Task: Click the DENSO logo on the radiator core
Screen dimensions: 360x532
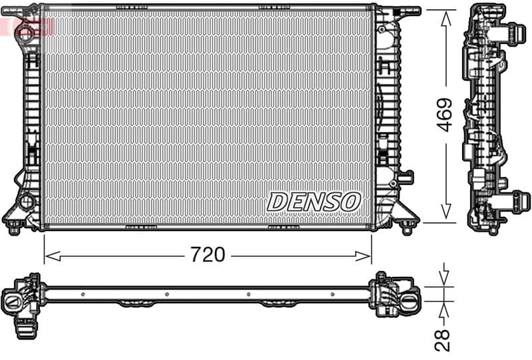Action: (314, 201)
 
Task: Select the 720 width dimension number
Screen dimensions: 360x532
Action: (207, 254)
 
